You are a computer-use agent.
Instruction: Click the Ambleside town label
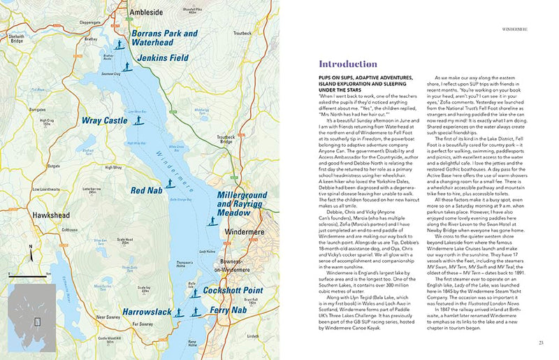(x=148, y=13)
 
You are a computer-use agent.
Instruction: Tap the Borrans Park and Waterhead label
(x=164, y=38)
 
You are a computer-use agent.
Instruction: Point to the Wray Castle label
(x=104, y=121)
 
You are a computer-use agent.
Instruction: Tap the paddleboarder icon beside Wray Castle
(x=138, y=120)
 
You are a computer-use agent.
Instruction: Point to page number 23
(x=540, y=342)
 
